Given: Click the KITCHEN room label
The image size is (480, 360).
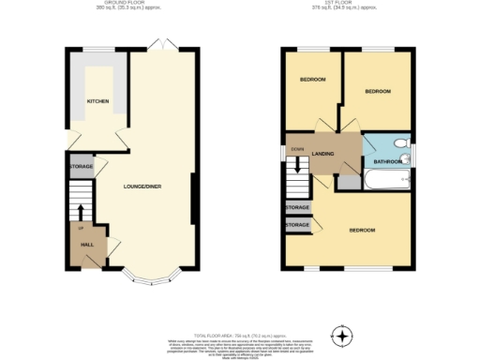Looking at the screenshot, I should tap(97, 101).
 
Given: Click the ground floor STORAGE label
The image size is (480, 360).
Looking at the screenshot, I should tap(81, 166).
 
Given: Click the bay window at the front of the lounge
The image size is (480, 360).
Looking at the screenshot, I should tap(146, 277).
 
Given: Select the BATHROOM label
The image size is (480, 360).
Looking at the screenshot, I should tap(387, 161).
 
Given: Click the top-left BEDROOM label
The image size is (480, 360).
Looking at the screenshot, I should tap(312, 80).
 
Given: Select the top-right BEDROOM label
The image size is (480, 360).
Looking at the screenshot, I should tap(377, 91).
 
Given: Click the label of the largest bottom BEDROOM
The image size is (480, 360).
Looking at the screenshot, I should tap(362, 230).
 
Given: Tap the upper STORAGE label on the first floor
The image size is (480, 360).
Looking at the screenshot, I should tap(297, 207).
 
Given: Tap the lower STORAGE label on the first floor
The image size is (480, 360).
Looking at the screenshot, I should tap(297, 225).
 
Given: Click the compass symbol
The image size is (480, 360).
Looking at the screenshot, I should tap(343, 335).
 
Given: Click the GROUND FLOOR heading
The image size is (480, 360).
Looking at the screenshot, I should tap(131, 4).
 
